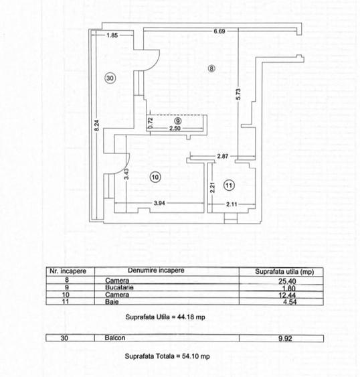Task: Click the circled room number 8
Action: click(x=211, y=68)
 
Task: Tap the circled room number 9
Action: click(x=178, y=121)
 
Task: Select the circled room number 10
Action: click(x=155, y=177)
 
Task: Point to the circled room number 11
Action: click(x=229, y=185)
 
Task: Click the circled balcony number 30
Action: click(x=110, y=78)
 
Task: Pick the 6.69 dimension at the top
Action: click(x=219, y=31)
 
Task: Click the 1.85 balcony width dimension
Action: click(x=112, y=35)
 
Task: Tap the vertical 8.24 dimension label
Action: click(x=96, y=125)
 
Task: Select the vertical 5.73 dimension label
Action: click(x=238, y=94)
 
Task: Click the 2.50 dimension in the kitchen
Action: click(x=175, y=128)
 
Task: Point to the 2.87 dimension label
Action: click(x=223, y=156)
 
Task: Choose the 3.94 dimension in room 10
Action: click(x=159, y=203)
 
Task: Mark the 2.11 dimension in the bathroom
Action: click(x=232, y=204)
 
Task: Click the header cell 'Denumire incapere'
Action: click(x=156, y=271)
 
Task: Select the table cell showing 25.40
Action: click(x=287, y=281)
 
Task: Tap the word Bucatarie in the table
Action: click(x=119, y=287)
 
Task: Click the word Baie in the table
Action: click(x=112, y=302)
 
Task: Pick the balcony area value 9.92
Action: click(x=285, y=339)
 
